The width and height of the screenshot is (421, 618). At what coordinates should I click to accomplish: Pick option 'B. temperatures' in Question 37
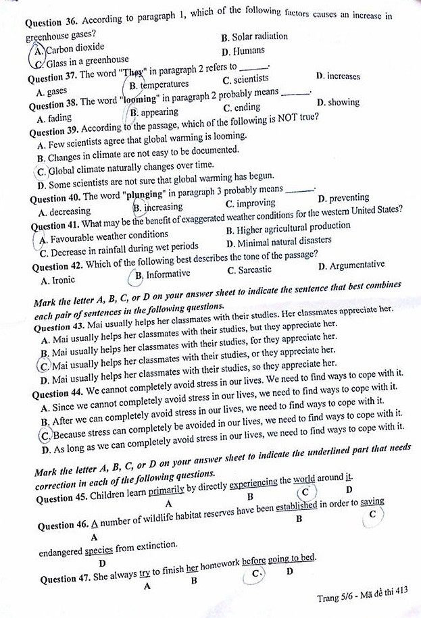click(x=159, y=86)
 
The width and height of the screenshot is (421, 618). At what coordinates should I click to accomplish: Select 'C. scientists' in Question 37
click(x=246, y=81)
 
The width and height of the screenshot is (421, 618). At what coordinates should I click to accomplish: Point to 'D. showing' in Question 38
click(x=338, y=103)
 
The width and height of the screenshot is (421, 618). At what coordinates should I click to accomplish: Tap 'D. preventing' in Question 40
click(x=343, y=198)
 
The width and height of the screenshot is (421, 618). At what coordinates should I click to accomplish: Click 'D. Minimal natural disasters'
click(x=279, y=240)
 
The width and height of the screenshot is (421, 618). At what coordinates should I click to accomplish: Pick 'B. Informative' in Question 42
click(x=163, y=274)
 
